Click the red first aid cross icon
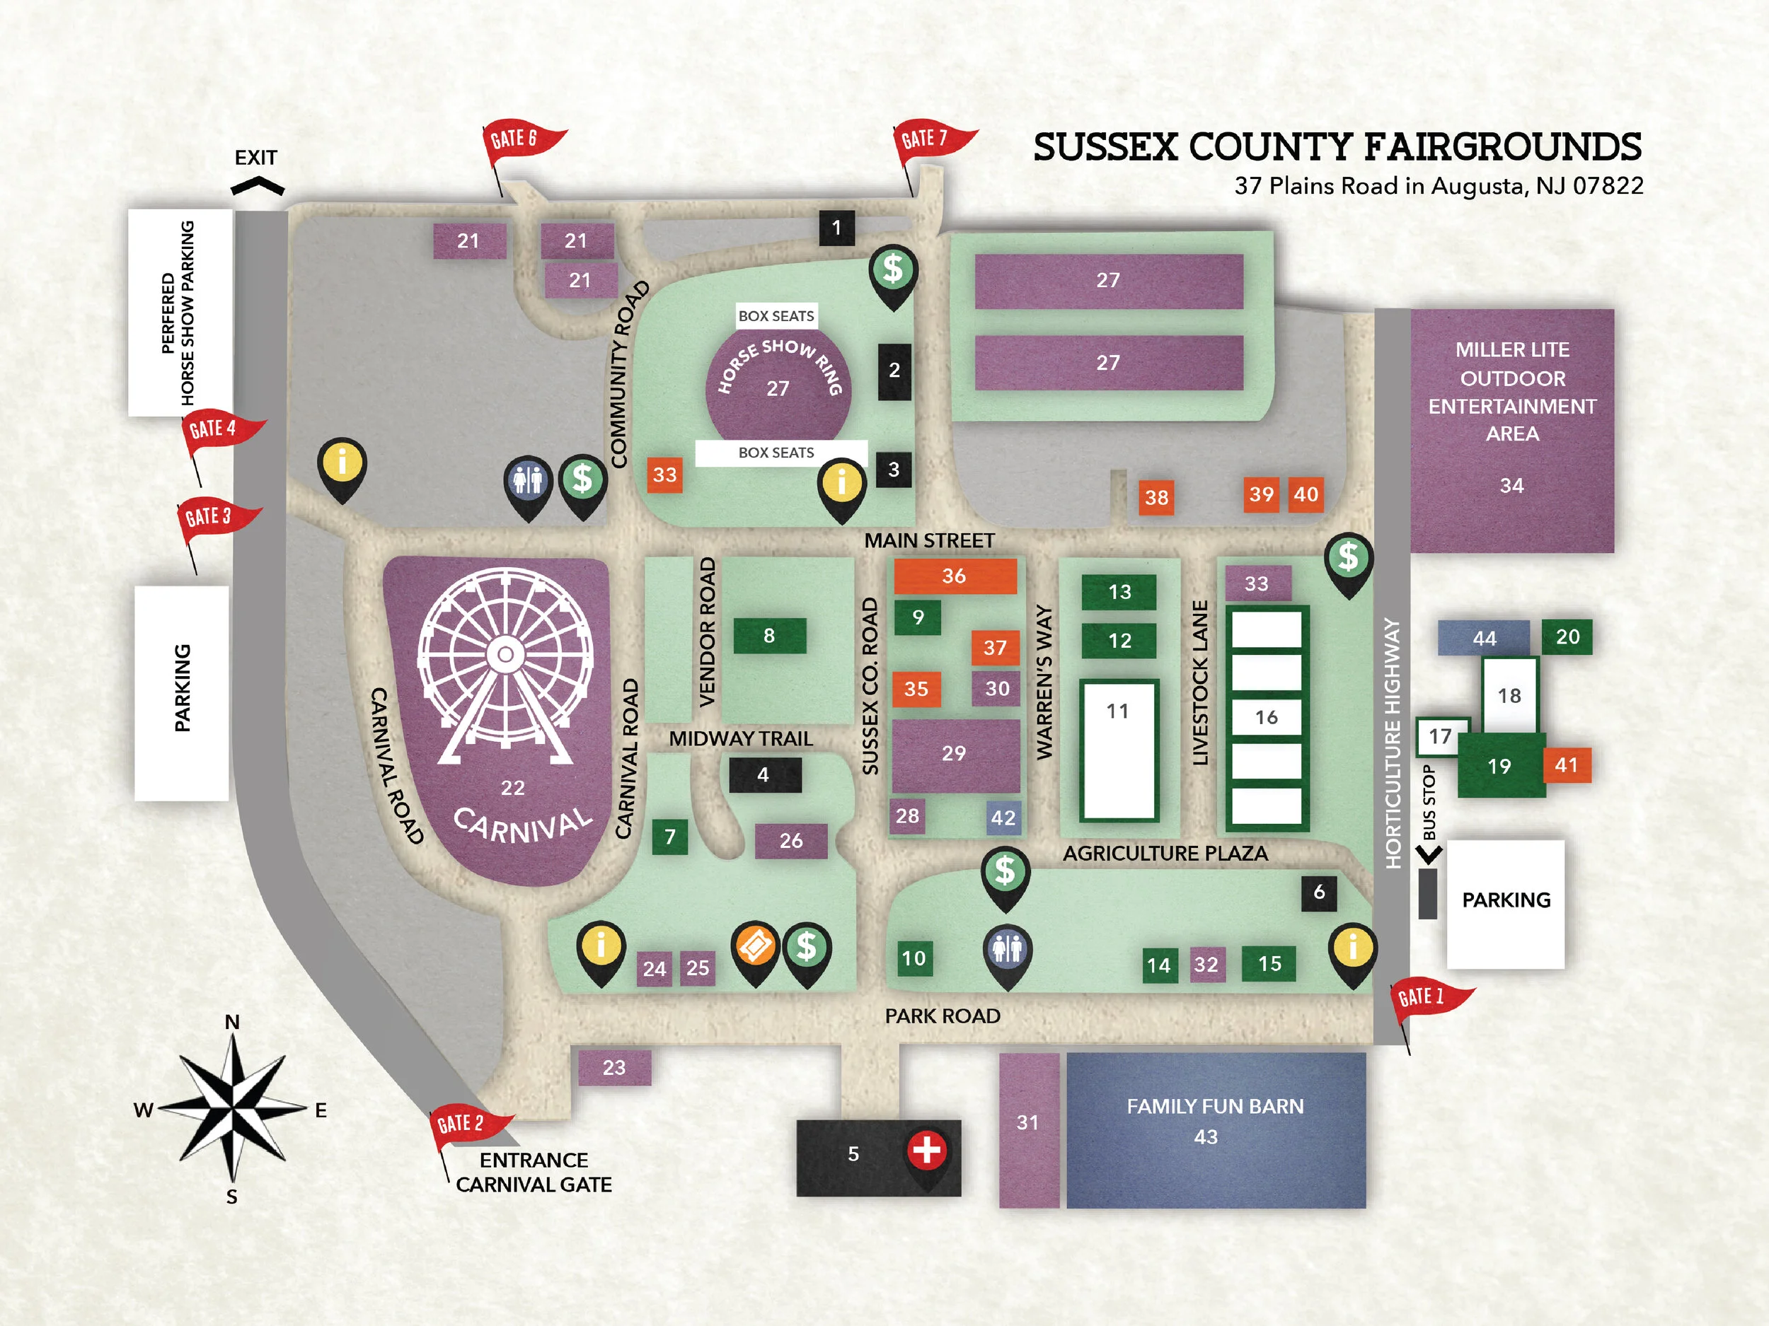tap(927, 1150)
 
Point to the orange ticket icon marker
tap(755, 946)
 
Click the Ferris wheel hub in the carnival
tap(505, 655)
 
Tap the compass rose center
tap(233, 1110)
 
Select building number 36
tap(955, 576)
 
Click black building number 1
tap(836, 228)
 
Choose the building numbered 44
tap(1485, 638)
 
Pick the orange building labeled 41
tap(1566, 766)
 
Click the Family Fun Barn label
tap(1215, 1107)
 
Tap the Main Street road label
tap(929, 541)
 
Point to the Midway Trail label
tap(741, 738)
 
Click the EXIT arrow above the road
tap(258, 187)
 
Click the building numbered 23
tap(614, 1068)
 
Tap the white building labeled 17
tap(1440, 737)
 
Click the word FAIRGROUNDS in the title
tap(1502, 148)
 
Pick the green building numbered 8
tap(769, 636)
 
